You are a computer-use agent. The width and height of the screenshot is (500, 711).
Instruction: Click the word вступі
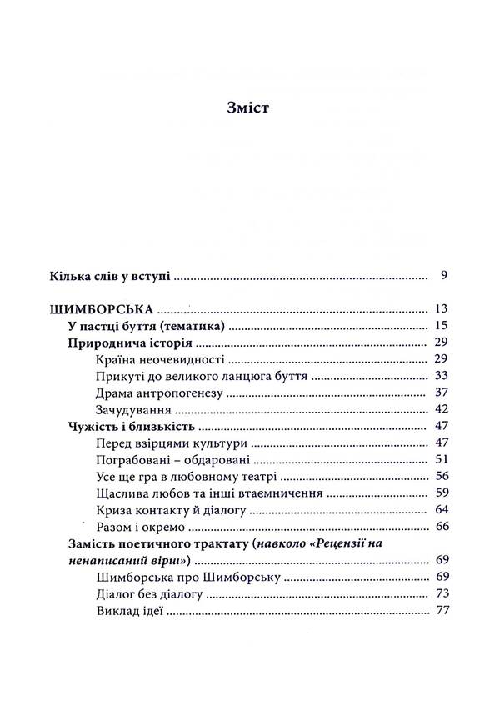pyautogui.click(x=147, y=276)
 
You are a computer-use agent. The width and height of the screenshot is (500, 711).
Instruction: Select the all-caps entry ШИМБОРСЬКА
pyautogui.click(x=104, y=309)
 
